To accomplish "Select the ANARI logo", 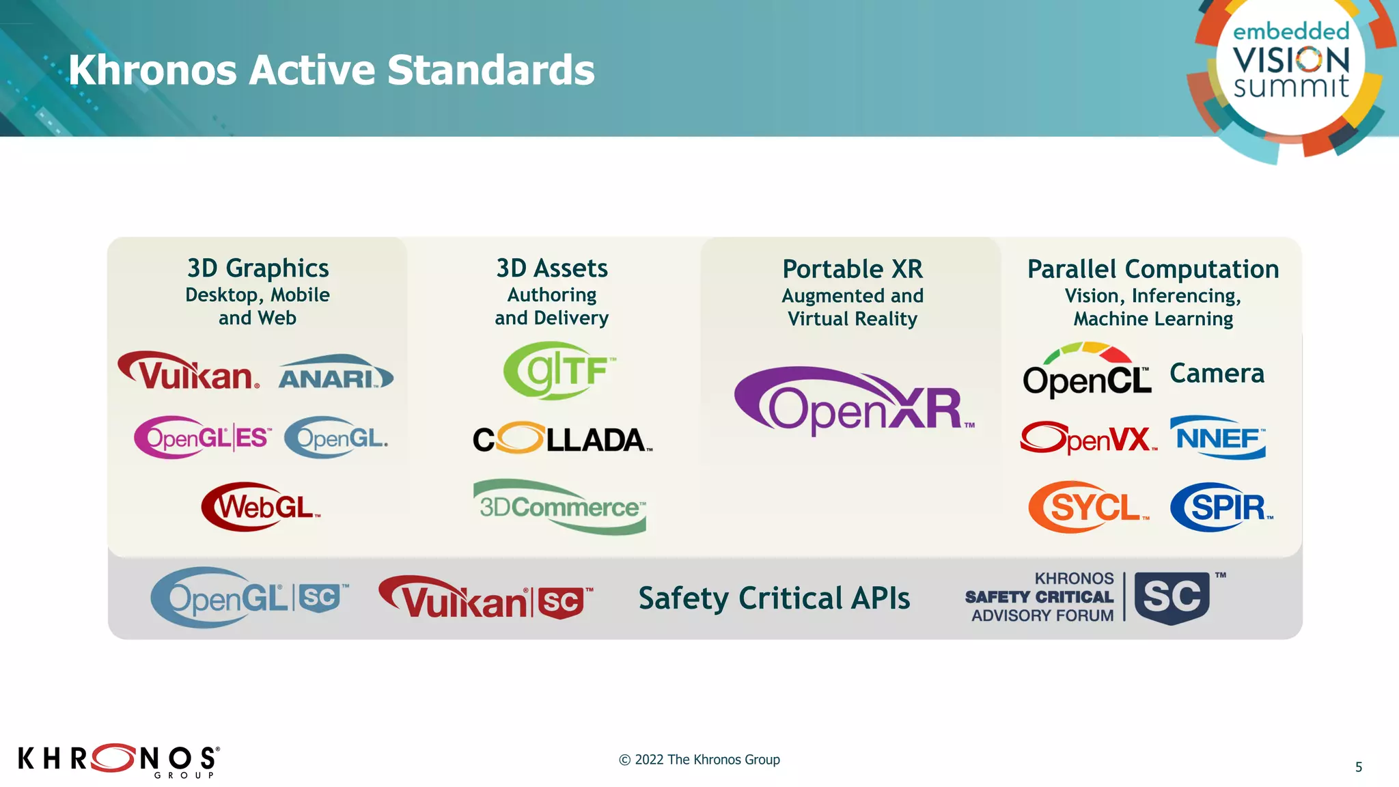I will coord(335,373).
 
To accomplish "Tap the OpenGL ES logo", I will coord(203,437).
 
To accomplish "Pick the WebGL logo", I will coord(260,507).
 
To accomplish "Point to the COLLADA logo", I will coord(562,439).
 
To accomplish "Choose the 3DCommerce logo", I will coord(559,507).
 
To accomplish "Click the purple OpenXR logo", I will coord(853,402).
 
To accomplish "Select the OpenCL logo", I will coord(1086,372).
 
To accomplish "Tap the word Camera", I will coord(1217,374).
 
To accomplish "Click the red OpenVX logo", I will coord(1088,438).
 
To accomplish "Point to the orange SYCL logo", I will coord(1088,508).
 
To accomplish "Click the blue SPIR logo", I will coord(1221,508).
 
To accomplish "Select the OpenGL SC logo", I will coord(249,598).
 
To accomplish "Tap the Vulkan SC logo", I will coord(486,598).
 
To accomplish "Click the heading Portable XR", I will coord(853,269).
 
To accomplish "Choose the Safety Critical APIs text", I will coord(774,598).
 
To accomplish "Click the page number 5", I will coord(1359,767).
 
